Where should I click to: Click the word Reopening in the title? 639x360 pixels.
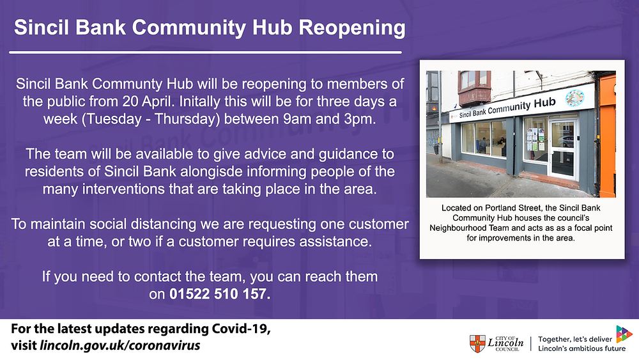tap(351, 28)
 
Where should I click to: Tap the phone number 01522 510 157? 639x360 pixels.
tap(220, 294)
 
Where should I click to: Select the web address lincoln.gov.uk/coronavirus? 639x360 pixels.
tap(120, 345)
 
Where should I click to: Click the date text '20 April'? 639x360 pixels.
tap(148, 101)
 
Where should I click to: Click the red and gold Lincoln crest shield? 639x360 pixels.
tap(477, 343)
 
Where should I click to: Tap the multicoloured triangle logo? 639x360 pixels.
tap(624, 334)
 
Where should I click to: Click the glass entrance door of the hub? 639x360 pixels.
tap(563, 149)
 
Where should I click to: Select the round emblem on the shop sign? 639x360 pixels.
tap(574, 98)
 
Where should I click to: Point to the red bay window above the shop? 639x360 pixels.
tap(474, 87)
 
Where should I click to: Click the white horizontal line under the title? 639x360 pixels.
tap(205, 52)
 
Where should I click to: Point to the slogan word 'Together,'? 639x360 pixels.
tap(555, 339)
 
